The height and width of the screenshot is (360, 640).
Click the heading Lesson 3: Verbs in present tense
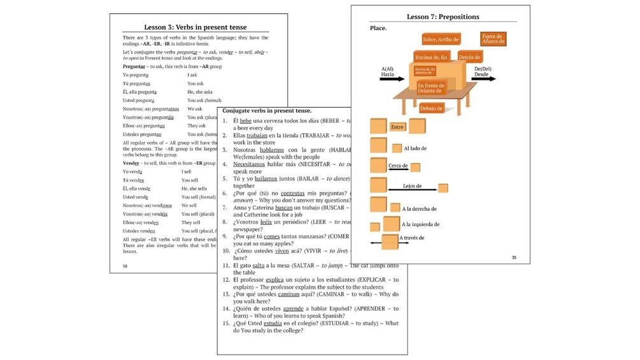[196, 27]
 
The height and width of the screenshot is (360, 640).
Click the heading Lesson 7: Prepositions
[443, 17]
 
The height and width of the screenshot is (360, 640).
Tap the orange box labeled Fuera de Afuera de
[493, 39]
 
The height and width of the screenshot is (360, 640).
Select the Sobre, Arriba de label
[441, 40]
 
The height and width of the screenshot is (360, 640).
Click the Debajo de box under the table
[431, 108]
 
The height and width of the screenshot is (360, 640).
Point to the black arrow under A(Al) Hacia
[392, 80]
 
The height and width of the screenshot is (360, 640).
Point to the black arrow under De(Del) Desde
[484, 80]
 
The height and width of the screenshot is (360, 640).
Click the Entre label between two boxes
[397, 127]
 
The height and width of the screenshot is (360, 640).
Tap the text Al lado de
[415, 148]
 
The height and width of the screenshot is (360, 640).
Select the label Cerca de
[397, 166]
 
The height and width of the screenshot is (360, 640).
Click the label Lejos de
[412, 187]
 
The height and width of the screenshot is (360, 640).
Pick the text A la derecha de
[419, 208]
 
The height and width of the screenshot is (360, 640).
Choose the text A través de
[411, 238]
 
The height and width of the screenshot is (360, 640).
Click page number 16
[125, 266]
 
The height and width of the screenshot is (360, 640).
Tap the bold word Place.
[378, 29]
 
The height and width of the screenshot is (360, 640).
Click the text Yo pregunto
[136, 75]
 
